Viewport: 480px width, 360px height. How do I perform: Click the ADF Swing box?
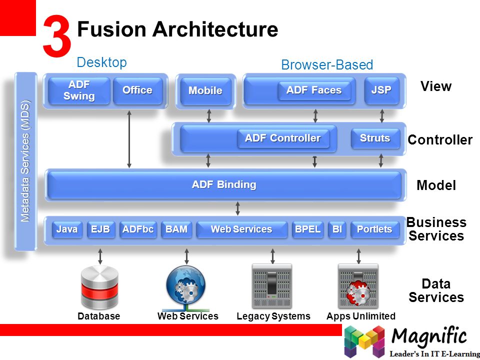coord(79,90)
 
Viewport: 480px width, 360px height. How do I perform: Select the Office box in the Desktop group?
coord(138,90)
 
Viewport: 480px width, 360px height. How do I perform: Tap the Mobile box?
coord(205,91)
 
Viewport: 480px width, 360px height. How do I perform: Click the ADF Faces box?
coord(314,90)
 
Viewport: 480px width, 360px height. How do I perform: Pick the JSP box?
coord(381,90)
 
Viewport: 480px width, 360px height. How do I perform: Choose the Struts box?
coord(375,138)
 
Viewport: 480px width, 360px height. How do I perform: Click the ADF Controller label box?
coord(283,138)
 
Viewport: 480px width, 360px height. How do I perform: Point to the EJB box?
coord(100,229)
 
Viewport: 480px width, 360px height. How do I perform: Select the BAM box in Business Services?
coord(176,229)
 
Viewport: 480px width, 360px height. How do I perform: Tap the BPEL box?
coord(307,229)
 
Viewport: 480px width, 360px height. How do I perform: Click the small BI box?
coord(337,229)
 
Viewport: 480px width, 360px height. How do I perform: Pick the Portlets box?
coord(374,229)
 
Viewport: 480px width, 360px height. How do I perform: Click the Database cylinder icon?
coord(99,288)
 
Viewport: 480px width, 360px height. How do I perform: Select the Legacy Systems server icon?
coord(272,286)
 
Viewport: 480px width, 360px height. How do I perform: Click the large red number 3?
coord(57,36)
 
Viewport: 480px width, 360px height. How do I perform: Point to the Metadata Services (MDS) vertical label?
coord(25,161)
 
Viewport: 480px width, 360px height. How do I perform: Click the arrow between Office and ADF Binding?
coord(129,139)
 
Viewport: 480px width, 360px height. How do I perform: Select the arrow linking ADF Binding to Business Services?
coord(238,208)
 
